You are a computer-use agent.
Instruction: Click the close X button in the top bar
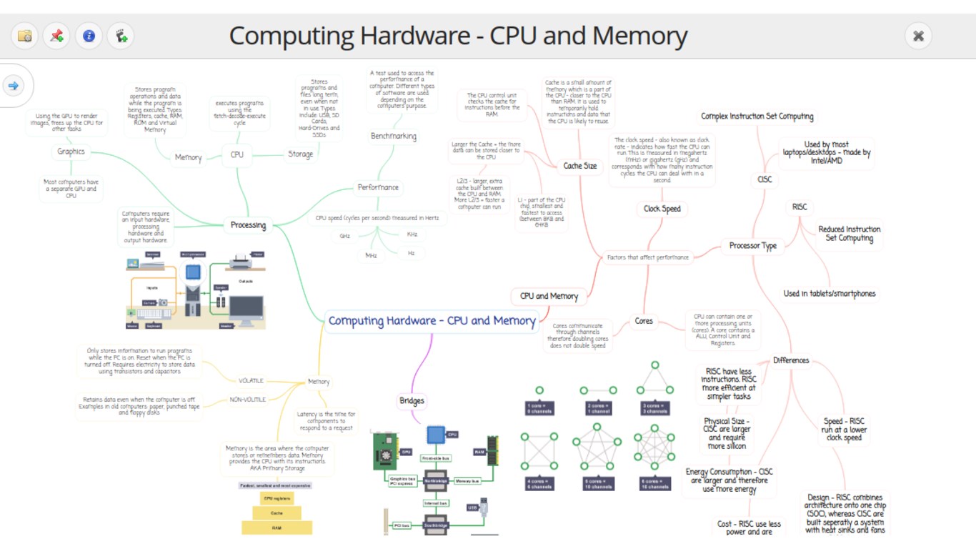point(919,36)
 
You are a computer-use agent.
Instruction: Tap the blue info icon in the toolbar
point(89,36)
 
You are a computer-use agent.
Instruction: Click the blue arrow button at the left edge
point(14,86)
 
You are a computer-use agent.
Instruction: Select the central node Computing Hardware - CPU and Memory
point(432,321)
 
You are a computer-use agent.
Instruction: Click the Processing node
point(248,225)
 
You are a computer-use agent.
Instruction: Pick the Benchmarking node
point(393,136)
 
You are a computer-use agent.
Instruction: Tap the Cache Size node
point(579,166)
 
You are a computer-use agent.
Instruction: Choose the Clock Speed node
point(662,209)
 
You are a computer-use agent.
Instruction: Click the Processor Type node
point(752,246)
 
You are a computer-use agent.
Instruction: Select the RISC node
point(800,207)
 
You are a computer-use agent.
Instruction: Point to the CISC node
point(765,179)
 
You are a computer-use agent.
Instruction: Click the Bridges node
point(412,401)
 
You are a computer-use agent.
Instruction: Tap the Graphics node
point(71,152)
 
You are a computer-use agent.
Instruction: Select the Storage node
point(300,154)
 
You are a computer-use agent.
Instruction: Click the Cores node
point(644,321)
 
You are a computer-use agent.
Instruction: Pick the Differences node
point(791,360)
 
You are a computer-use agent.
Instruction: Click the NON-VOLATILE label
point(247,400)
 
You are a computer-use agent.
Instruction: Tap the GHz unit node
point(345,236)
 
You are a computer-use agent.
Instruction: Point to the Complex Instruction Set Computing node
point(757,117)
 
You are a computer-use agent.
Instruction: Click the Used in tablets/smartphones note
point(829,294)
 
